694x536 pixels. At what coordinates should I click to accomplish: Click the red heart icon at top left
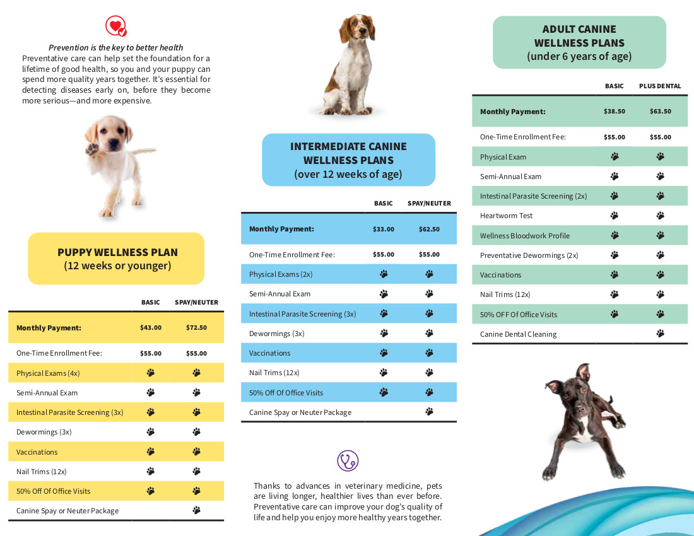click(x=116, y=26)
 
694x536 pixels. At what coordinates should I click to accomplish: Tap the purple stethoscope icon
click(x=348, y=460)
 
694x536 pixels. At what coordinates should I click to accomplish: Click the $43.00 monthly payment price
click(x=151, y=328)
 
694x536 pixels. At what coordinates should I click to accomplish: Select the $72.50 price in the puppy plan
click(x=196, y=328)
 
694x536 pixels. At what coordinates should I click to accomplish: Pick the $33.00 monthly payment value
click(x=384, y=229)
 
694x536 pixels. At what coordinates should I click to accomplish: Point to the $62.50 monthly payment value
click(x=429, y=229)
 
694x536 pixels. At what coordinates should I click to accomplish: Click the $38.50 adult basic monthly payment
click(x=615, y=112)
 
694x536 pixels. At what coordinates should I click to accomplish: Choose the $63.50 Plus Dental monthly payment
click(x=661, y=112)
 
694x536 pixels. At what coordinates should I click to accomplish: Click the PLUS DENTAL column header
click(x=660, y=86)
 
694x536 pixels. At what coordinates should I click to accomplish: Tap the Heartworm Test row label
click(x=506, y=216)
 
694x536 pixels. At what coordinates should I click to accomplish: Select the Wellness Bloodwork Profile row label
click(x=524, y=236)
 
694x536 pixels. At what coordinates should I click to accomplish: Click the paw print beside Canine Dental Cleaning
click(x=661, y=334)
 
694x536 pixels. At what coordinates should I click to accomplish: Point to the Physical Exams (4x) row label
click(x=48, y=373)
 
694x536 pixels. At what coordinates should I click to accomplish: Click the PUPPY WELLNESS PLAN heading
click(x=117, y=252)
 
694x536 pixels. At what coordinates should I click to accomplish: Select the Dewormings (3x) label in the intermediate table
click(x=276, y=334)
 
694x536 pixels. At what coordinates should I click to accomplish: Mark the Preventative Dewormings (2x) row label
click(x=529, y=255)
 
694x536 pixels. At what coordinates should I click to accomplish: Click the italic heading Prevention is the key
click(x=116, y=47)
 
